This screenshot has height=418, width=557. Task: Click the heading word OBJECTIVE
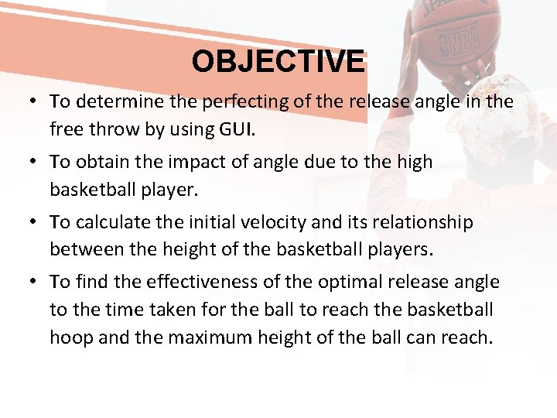click(x=278, y=61)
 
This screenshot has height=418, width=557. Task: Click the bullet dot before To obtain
click(x=36, y=162)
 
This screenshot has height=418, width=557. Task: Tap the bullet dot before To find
click(x=36, y=283)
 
